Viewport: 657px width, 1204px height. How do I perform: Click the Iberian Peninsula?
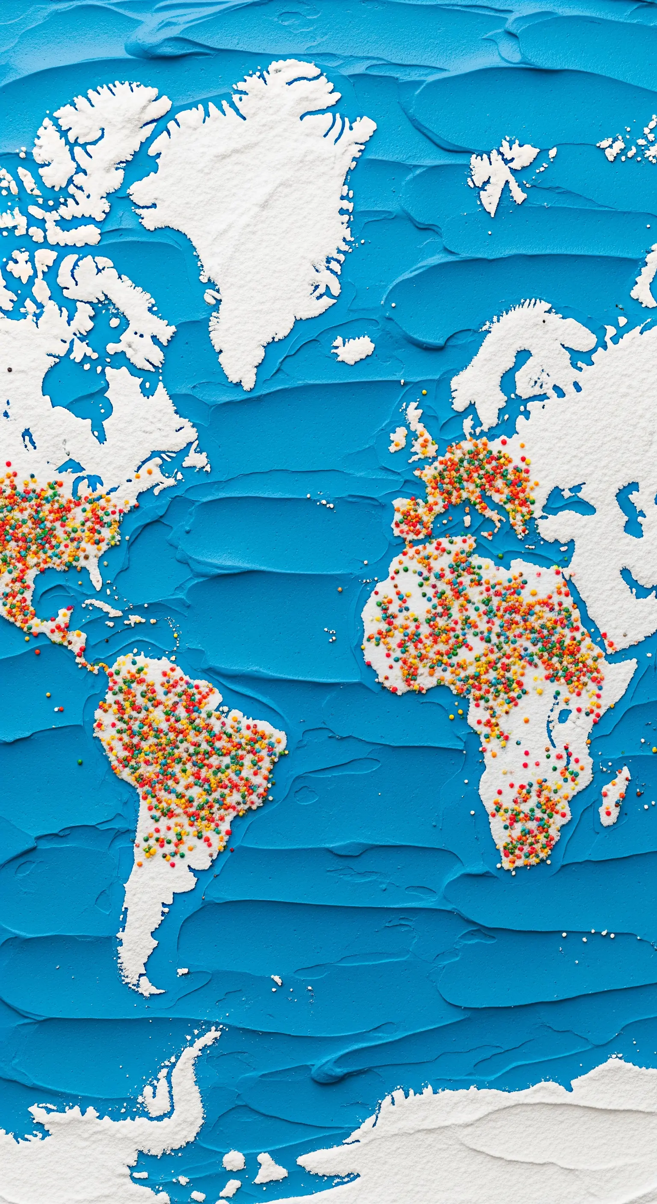[411, 516]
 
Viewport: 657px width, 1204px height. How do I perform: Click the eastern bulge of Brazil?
[276, 743]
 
